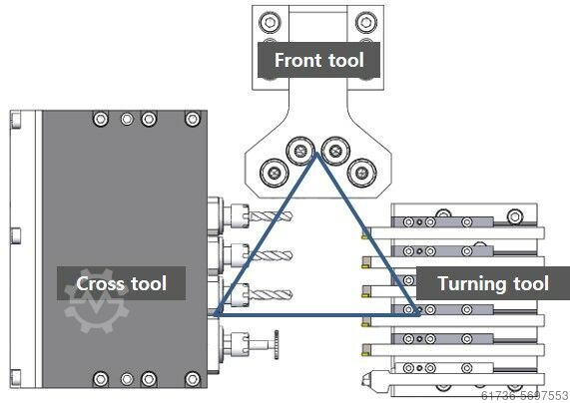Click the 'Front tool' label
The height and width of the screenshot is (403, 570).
tap(318, 60)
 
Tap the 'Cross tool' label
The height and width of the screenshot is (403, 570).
tap(121, 283)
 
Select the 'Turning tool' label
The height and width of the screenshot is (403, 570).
tap(493, 283)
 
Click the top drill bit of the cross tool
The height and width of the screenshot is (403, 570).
tap(271, 216)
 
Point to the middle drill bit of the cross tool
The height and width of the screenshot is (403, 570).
tap(271, 255)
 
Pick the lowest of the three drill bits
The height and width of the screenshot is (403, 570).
tap(271, 294)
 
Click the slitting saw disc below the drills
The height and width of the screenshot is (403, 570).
tap(277, 344)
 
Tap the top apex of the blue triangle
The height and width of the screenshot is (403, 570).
tap(316, 154)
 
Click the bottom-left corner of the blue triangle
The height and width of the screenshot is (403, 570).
tap(216, 314)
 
